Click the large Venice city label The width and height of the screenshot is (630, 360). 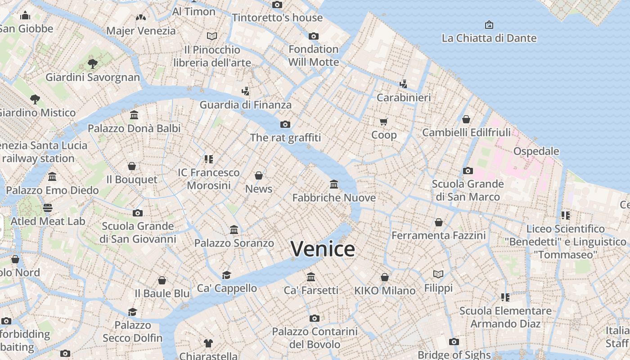(x=323, y=249)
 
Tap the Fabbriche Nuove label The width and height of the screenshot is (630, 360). (x=334, y=198)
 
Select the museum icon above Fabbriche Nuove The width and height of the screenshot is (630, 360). (x=334, y=184)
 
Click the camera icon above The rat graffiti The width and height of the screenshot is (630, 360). (x=285, y=124)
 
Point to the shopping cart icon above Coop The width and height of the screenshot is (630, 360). (x=384, y=121)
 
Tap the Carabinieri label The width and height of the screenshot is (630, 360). (x=404, y=97)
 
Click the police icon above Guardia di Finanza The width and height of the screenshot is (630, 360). (x=245, y=91)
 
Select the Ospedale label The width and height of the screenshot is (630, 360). (x=536, y=151)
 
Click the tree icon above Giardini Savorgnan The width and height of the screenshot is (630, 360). (x=93, y=63)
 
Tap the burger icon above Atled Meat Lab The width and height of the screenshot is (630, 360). (x=48, y=207)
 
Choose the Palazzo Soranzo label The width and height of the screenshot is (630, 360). (x=234, y=243)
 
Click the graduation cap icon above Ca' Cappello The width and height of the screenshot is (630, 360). (x=226, y=274)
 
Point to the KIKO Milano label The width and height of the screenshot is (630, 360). (x=385, y=291)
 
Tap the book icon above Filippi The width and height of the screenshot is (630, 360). (x=438, y=274)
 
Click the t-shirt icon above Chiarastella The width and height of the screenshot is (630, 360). (x=208, y=343)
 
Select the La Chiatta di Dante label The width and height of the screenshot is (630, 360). (x=489, y=38)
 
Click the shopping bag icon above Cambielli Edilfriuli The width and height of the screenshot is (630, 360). (x=466, y=119)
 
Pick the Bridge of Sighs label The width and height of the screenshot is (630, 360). (x=454, y=355)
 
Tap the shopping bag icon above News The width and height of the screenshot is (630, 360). (x=259, y=175)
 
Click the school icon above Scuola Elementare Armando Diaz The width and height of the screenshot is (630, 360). (x=505, y=297)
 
